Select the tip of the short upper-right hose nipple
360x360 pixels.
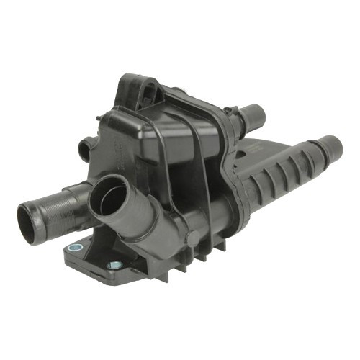[x=256, y=114]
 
